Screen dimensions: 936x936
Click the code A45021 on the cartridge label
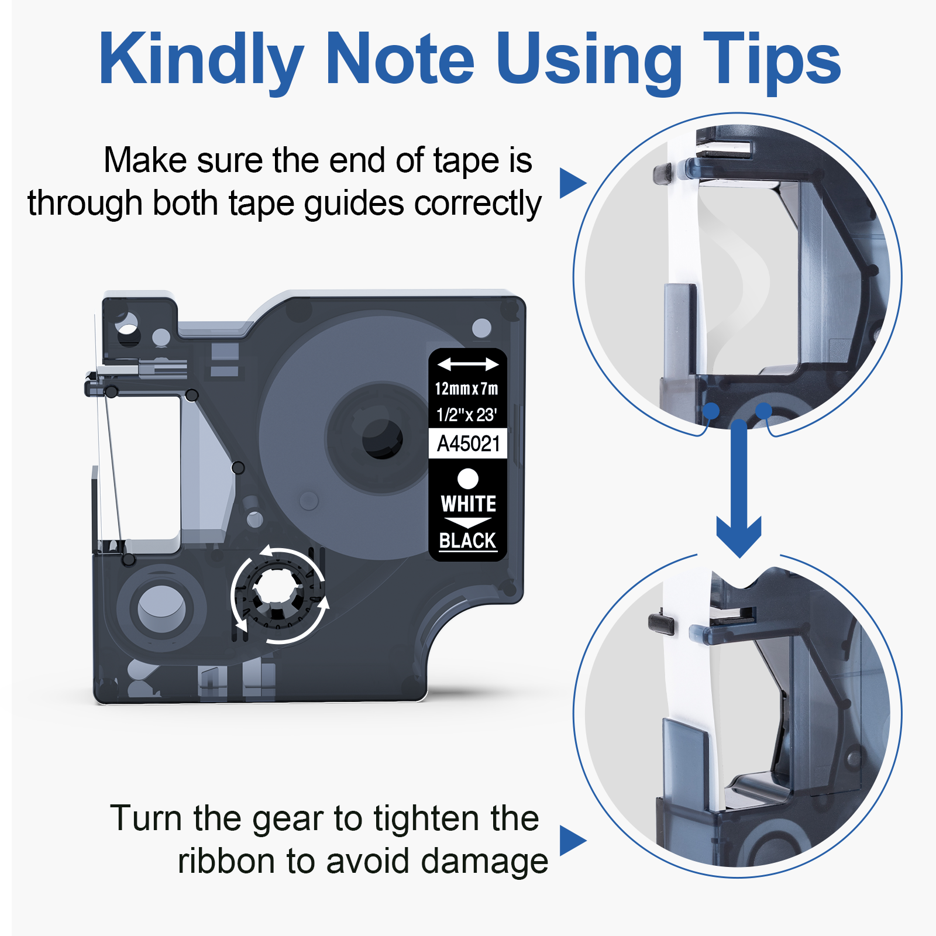click(x=468, y=443)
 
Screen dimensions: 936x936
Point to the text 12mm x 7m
click(x=466, y=388)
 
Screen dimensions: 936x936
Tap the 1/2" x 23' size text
click(x=466, y=415)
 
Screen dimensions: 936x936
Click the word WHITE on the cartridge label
click(x=468, y=504)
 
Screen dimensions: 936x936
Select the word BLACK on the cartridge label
click(x=467, y=540)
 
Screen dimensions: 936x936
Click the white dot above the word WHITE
click(x=468, y=479)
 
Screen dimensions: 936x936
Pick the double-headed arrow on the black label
click(x=468, y=364)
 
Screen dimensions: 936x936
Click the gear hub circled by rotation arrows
click(x=278, y=595)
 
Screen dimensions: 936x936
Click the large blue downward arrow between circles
click(x=739, y=488)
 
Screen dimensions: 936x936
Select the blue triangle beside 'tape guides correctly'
click(x=572, y=183)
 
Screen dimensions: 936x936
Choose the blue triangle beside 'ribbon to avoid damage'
click(x=572, y=841)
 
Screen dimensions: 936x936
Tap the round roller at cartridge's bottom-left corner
click(x=161, y=608)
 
